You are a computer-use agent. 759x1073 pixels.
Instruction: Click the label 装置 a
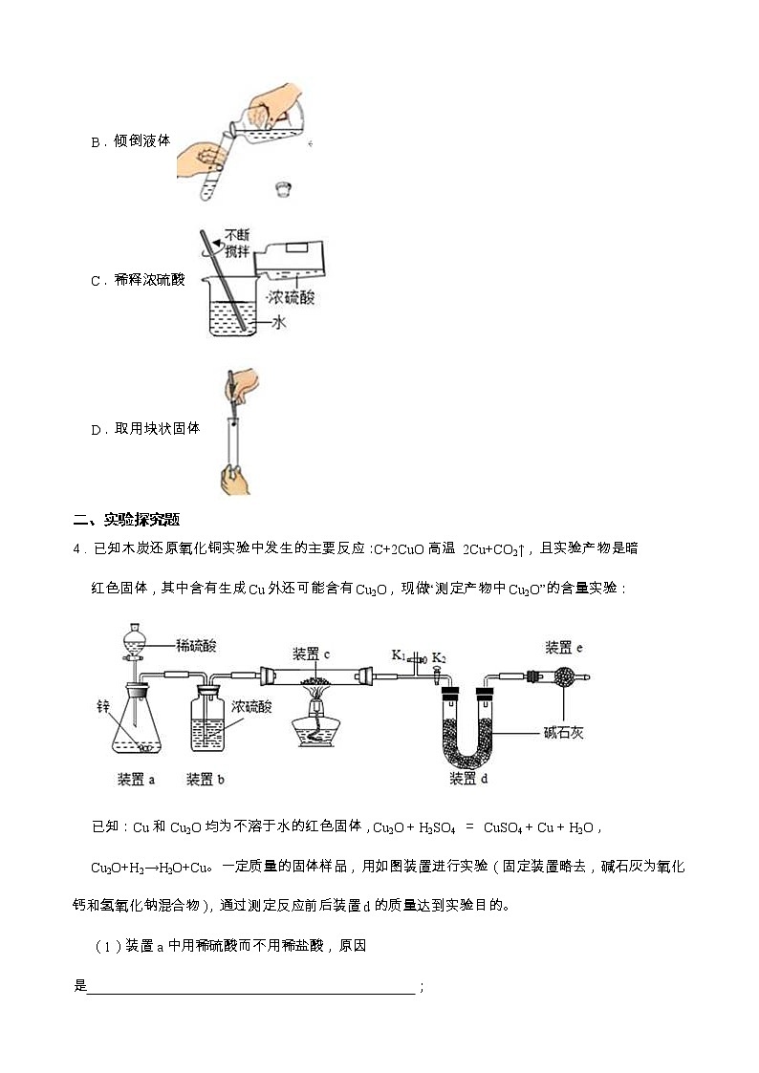[x=136, y=780]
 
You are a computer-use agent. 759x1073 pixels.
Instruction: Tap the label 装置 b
[x=205, y=780]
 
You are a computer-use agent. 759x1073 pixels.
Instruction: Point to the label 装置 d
[x=468, y=780]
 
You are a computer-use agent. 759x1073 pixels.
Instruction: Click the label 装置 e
[x=563, y=648]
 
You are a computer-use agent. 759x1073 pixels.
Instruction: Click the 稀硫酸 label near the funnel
[x=195, y=646]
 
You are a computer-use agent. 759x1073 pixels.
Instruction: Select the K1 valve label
[x=399, y=655]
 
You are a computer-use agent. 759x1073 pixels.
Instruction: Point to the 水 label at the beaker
[x=279, y=323]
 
